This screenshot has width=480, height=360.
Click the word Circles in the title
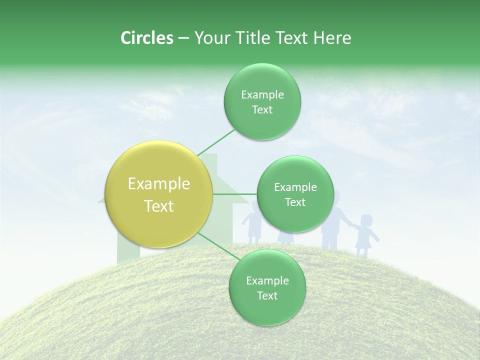[x=146, y=38]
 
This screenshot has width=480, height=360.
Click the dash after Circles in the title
[x=183, y=38]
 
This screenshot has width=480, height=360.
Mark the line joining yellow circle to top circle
[x=216, y=142]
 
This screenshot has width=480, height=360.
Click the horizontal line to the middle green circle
[x=235, y=193]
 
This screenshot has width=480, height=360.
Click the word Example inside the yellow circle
[x=159, y=184]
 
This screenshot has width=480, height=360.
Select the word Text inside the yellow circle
[x=159, y=206]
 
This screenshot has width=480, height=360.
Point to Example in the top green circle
[x=262, y=95]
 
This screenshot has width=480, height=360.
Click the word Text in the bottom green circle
[x=267, y=295]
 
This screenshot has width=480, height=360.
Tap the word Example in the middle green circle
[x=295, y=187]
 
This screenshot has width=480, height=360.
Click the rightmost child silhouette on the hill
[x=365, y=235]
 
